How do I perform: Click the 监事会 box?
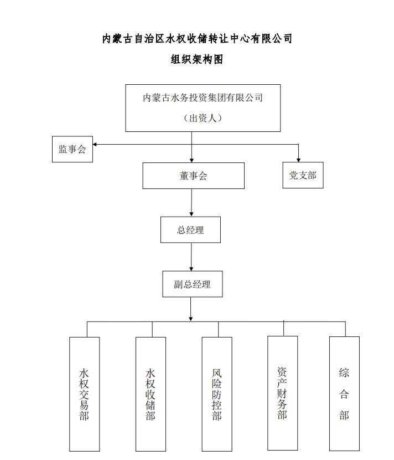point(72,149)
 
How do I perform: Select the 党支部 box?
point(303,175)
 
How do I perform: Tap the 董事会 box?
point(193,176)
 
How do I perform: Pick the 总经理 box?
point(190,230)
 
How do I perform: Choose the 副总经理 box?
point(193,284)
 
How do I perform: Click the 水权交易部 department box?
point(85,393)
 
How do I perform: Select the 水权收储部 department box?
point(151,393)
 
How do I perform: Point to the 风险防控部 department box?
point(217,393)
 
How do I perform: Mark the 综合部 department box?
point(344,393)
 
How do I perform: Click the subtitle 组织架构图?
point(196,59)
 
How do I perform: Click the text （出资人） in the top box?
point(203,118)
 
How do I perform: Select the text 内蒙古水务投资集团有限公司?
point(203,98)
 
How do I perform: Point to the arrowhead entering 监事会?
point(96,145)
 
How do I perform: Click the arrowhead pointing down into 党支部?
point(299,160)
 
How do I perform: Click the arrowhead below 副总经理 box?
point(191,318)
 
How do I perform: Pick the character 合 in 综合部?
point(344,394)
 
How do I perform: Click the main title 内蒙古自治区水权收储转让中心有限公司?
point(197,39)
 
